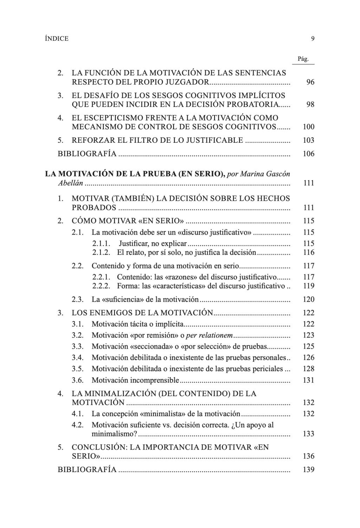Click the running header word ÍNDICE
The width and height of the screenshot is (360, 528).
(57, 39)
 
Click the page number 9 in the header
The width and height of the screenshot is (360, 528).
(313, 39)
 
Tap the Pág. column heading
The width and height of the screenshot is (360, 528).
(303, 59)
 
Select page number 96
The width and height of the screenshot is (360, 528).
(310, 83)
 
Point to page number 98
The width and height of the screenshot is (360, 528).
(310, 105)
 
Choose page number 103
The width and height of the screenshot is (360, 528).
(308, 140)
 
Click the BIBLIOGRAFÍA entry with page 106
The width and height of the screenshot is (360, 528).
(87, 154)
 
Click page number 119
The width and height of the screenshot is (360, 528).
(308, 286)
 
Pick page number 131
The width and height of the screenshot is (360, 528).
(308, 380)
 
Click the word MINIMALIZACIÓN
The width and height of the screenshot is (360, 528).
(113, 393)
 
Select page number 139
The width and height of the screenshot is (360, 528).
(308, 470)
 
